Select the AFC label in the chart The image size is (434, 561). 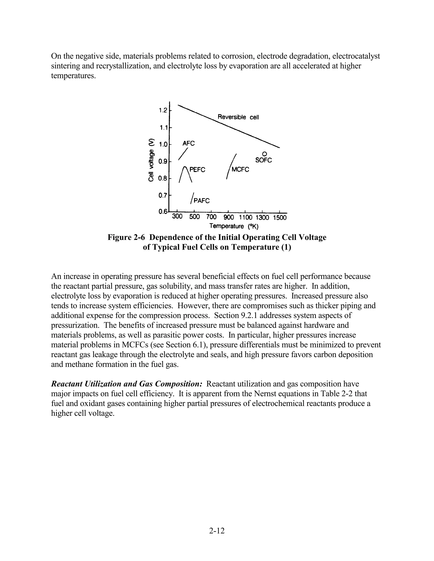[188, 143]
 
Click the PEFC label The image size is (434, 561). [197, 170]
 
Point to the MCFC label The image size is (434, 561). [240, 170]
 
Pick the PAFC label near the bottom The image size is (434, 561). [202, 201]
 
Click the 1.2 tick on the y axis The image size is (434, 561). [163, 111]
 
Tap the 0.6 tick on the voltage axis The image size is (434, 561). [163, 212]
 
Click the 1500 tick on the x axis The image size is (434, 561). [280, 218]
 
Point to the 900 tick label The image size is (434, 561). [229, 218]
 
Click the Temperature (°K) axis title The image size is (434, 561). [234, 226]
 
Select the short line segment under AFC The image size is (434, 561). [183, 154]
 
